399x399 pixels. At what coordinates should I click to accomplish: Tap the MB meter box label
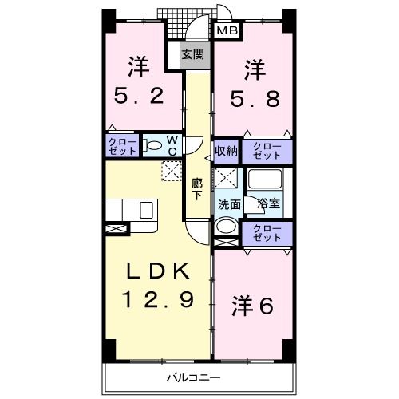pos(228,30)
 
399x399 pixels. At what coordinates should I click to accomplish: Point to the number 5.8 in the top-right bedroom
pos(255,97)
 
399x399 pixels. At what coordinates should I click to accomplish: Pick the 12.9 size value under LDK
pos(157,301)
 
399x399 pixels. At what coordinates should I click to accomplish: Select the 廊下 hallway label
pos(197,188)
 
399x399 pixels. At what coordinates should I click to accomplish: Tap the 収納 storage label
pos(226,151)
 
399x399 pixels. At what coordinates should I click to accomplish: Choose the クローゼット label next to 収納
pos(267,150)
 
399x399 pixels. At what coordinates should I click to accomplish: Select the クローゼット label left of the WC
pos(123,146)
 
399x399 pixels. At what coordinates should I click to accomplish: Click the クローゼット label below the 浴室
pos(267,233)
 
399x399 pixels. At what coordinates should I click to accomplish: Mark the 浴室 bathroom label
pos(267,203)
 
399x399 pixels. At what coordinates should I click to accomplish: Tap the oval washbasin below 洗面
pos(226,226)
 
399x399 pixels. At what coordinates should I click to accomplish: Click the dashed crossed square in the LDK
pos(172,169)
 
